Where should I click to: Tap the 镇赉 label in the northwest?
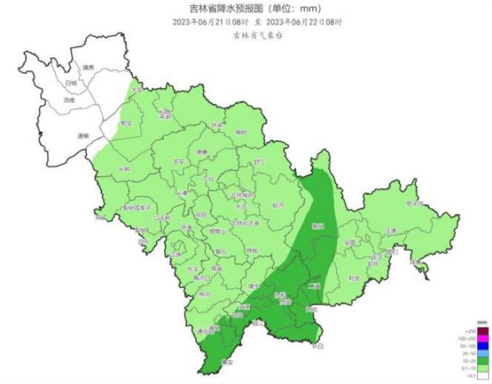click(88, 66)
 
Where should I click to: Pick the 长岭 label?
click(124, 169)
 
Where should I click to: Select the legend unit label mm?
click(484, 323)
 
